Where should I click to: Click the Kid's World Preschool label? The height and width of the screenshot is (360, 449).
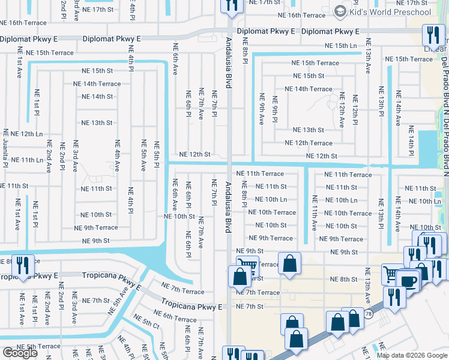tap(391, 12)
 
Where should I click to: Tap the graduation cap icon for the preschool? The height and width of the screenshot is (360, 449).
tap(341, 11)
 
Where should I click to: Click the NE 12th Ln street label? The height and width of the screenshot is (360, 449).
tap(26, 134)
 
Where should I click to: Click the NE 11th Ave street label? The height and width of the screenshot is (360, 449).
tap(314, 212)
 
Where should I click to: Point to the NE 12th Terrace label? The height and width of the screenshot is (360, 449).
tap(309, 143)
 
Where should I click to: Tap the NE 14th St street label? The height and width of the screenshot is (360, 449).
tap(97, 97)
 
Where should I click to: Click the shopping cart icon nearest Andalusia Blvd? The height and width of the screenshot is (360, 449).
tap(247, 265)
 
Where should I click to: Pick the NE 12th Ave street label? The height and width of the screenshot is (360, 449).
tap(342, 109)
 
